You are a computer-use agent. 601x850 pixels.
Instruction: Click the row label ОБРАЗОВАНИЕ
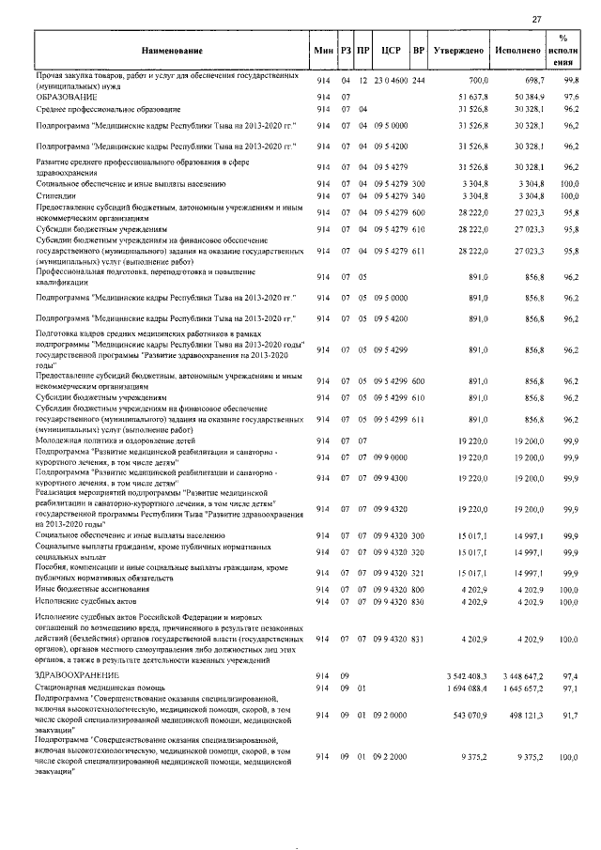pyautogui.click(x=63, y=97)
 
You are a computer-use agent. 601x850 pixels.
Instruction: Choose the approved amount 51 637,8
pyautogui.click(x=472, y=97)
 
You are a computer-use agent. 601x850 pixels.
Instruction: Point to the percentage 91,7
pyautogui.click(x=570, y=715)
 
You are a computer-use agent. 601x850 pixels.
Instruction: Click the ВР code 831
pyautogui.click(x=419, y=639)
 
